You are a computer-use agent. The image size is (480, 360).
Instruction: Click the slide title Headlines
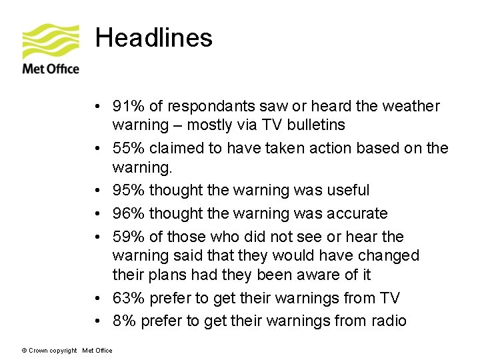[154, 38]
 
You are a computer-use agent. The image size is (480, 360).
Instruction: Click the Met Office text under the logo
[51, 69]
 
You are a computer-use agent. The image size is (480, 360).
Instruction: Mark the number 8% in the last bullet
[124, 321]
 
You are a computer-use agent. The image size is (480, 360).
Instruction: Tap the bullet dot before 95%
[98, 191]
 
